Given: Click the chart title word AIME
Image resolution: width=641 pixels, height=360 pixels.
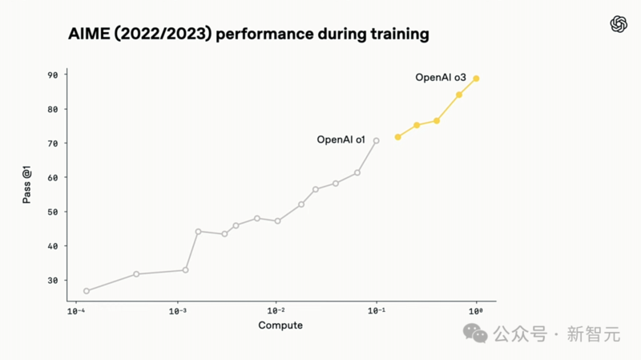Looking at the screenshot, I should point(87,34).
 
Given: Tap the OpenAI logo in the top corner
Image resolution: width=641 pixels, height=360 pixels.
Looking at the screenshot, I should point(619,24).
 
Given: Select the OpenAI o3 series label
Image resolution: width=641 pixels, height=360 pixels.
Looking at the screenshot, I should point(440,78).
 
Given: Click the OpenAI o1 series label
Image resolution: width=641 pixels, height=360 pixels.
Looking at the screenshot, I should point(341,140).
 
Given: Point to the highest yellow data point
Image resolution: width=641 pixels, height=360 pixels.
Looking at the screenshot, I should point(476,79).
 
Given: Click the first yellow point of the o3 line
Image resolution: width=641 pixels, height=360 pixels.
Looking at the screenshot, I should point(397,137).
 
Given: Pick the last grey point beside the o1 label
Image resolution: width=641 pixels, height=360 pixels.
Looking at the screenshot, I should point(376,141).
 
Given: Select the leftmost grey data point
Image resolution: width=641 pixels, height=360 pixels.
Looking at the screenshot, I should point(87,291).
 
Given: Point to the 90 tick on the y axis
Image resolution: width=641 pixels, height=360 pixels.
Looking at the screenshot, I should point(52,75).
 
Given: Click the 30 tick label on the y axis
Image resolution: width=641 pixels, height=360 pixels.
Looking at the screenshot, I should point(52,281).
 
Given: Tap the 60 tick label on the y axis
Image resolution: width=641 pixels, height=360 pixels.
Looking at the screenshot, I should point(52,178).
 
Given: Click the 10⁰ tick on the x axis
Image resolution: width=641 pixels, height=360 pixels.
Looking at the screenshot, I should point(476,311).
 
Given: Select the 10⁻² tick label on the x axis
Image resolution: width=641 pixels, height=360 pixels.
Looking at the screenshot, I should point(276,311).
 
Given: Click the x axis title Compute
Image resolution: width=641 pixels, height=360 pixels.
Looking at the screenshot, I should point(280,325).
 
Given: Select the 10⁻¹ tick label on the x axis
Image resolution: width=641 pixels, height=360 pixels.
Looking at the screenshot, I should point(376,311).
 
